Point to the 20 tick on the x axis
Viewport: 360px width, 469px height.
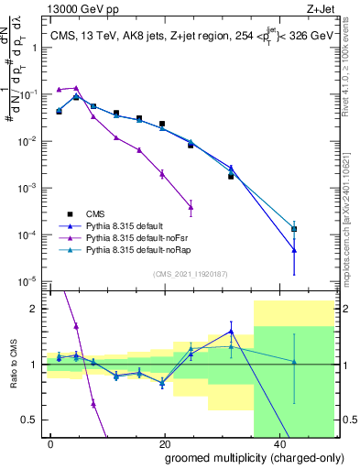pos(165,442)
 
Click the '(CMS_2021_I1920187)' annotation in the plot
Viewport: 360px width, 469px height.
pos(191,273)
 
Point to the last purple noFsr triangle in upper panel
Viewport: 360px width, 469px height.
pos(191,205)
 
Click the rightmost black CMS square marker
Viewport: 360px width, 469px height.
pos(294,229)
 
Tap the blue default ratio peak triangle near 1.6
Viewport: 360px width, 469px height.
pos(231,332)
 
